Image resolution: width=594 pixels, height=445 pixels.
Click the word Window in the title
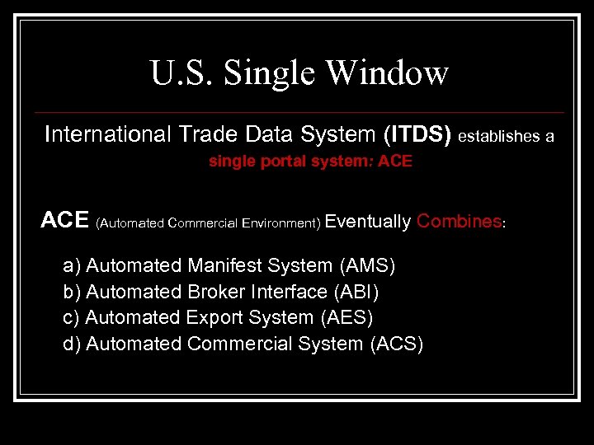pos(386,73)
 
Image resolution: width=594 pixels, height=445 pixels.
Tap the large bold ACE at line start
pos(65,221)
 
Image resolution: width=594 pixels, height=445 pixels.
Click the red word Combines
pos(459,221)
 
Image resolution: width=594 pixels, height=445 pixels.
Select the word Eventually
pos(368,221)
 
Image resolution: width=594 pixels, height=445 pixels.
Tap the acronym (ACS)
pos(396,344)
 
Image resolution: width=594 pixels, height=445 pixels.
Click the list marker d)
pos(72,344)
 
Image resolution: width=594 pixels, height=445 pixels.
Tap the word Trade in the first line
pos(202,134)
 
